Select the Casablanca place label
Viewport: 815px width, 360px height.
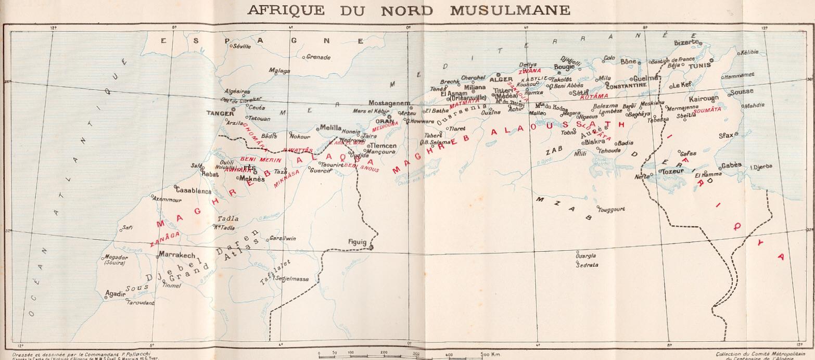click(194, 191)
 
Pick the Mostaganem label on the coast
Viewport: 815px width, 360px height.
click(390, 103)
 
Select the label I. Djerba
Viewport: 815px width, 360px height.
click(761, 167)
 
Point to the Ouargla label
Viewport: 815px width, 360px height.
click(586, 255)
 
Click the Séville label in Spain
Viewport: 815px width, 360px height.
click(243, 46)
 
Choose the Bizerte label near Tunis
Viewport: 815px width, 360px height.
click(685, 42)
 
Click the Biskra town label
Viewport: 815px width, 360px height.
click(595, 142)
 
